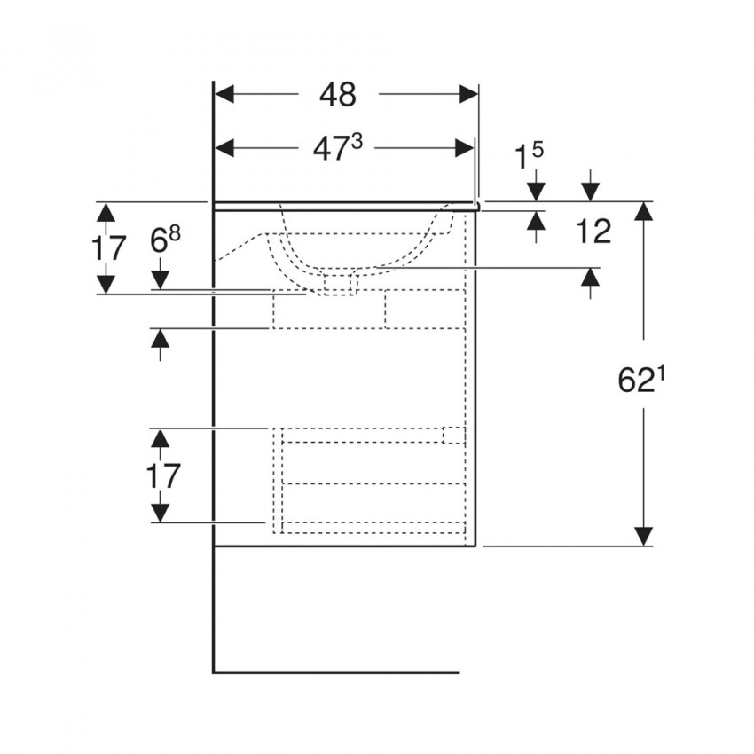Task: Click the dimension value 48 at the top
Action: [338, 94]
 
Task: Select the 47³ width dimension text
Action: [337, 148]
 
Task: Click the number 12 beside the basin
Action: [593, 232]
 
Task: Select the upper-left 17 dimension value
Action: [108, 247]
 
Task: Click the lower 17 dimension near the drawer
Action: [162, 475]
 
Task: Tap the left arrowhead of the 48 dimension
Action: [224, 94]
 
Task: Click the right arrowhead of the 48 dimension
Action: [469, 94]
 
